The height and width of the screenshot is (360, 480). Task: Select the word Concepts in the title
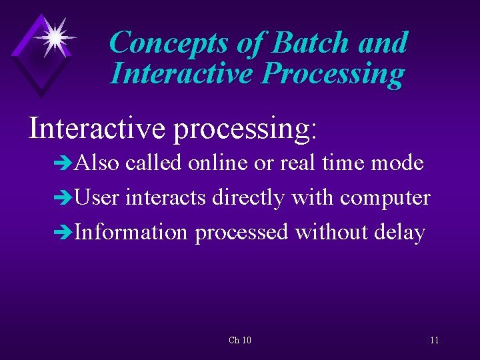point(168,43)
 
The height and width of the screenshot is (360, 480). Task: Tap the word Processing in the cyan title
point(333,74)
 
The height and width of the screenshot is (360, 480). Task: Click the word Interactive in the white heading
point(97,127)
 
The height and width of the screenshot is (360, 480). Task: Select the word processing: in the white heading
point(245,128)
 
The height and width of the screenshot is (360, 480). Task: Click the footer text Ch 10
point(239,341)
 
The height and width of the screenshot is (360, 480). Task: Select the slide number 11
point(434,341)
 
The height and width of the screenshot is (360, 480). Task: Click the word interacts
point(166,198)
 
